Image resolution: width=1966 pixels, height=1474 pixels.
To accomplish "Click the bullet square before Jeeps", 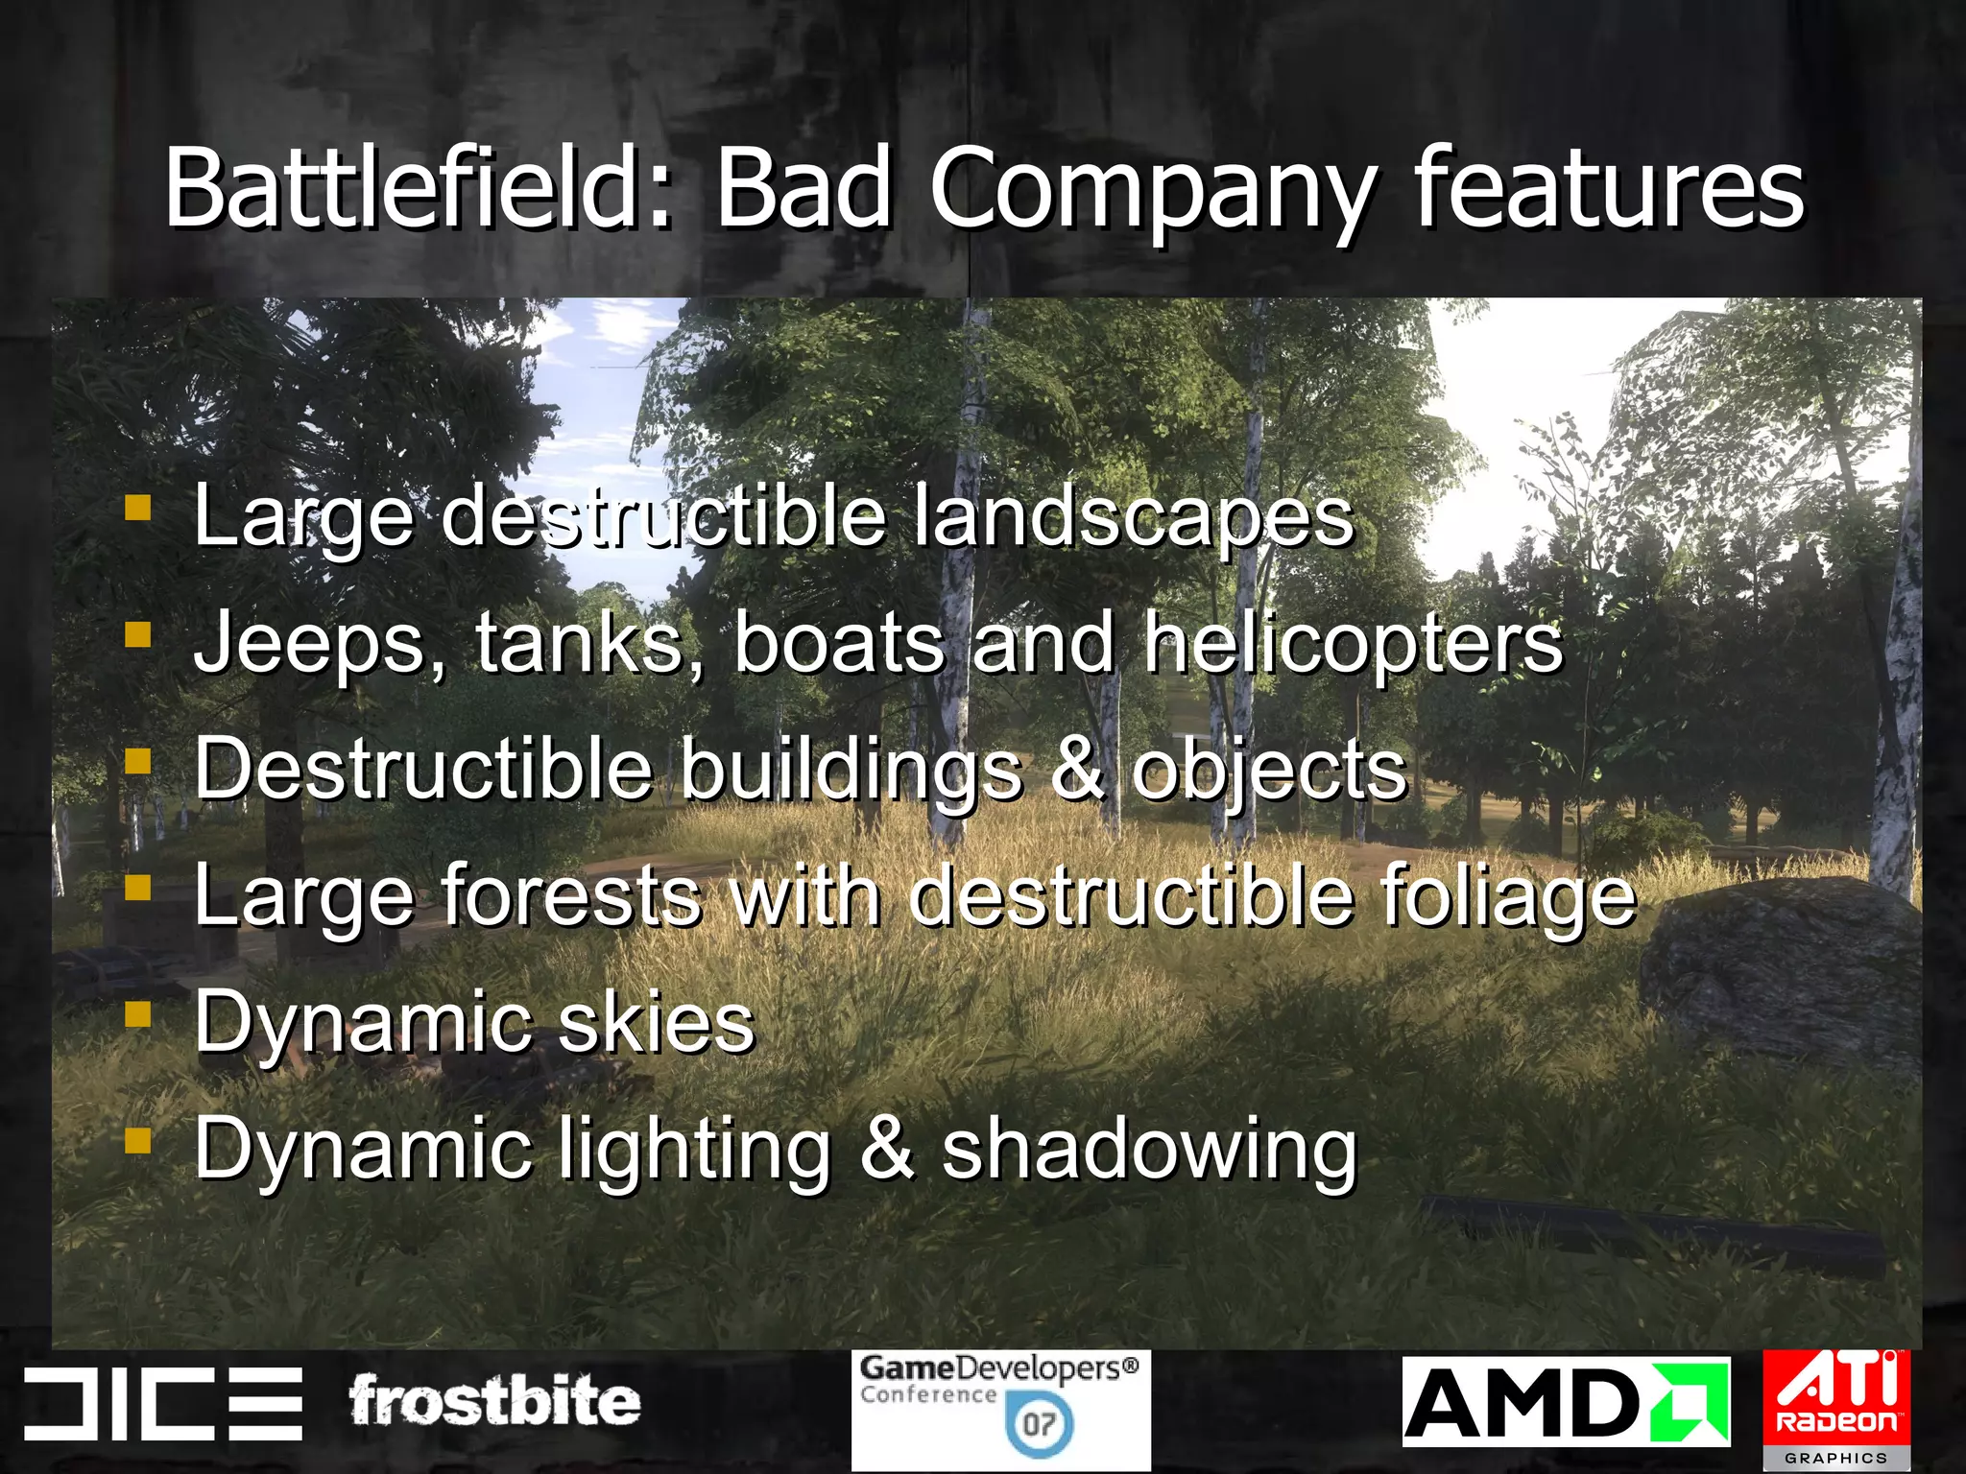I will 138,634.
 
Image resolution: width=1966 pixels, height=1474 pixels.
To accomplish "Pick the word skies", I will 657,1022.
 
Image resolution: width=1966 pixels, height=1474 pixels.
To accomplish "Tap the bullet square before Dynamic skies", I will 138,1013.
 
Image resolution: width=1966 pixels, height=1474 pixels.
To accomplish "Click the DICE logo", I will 163,1403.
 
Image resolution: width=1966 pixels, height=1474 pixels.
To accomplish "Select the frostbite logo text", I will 494,1401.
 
